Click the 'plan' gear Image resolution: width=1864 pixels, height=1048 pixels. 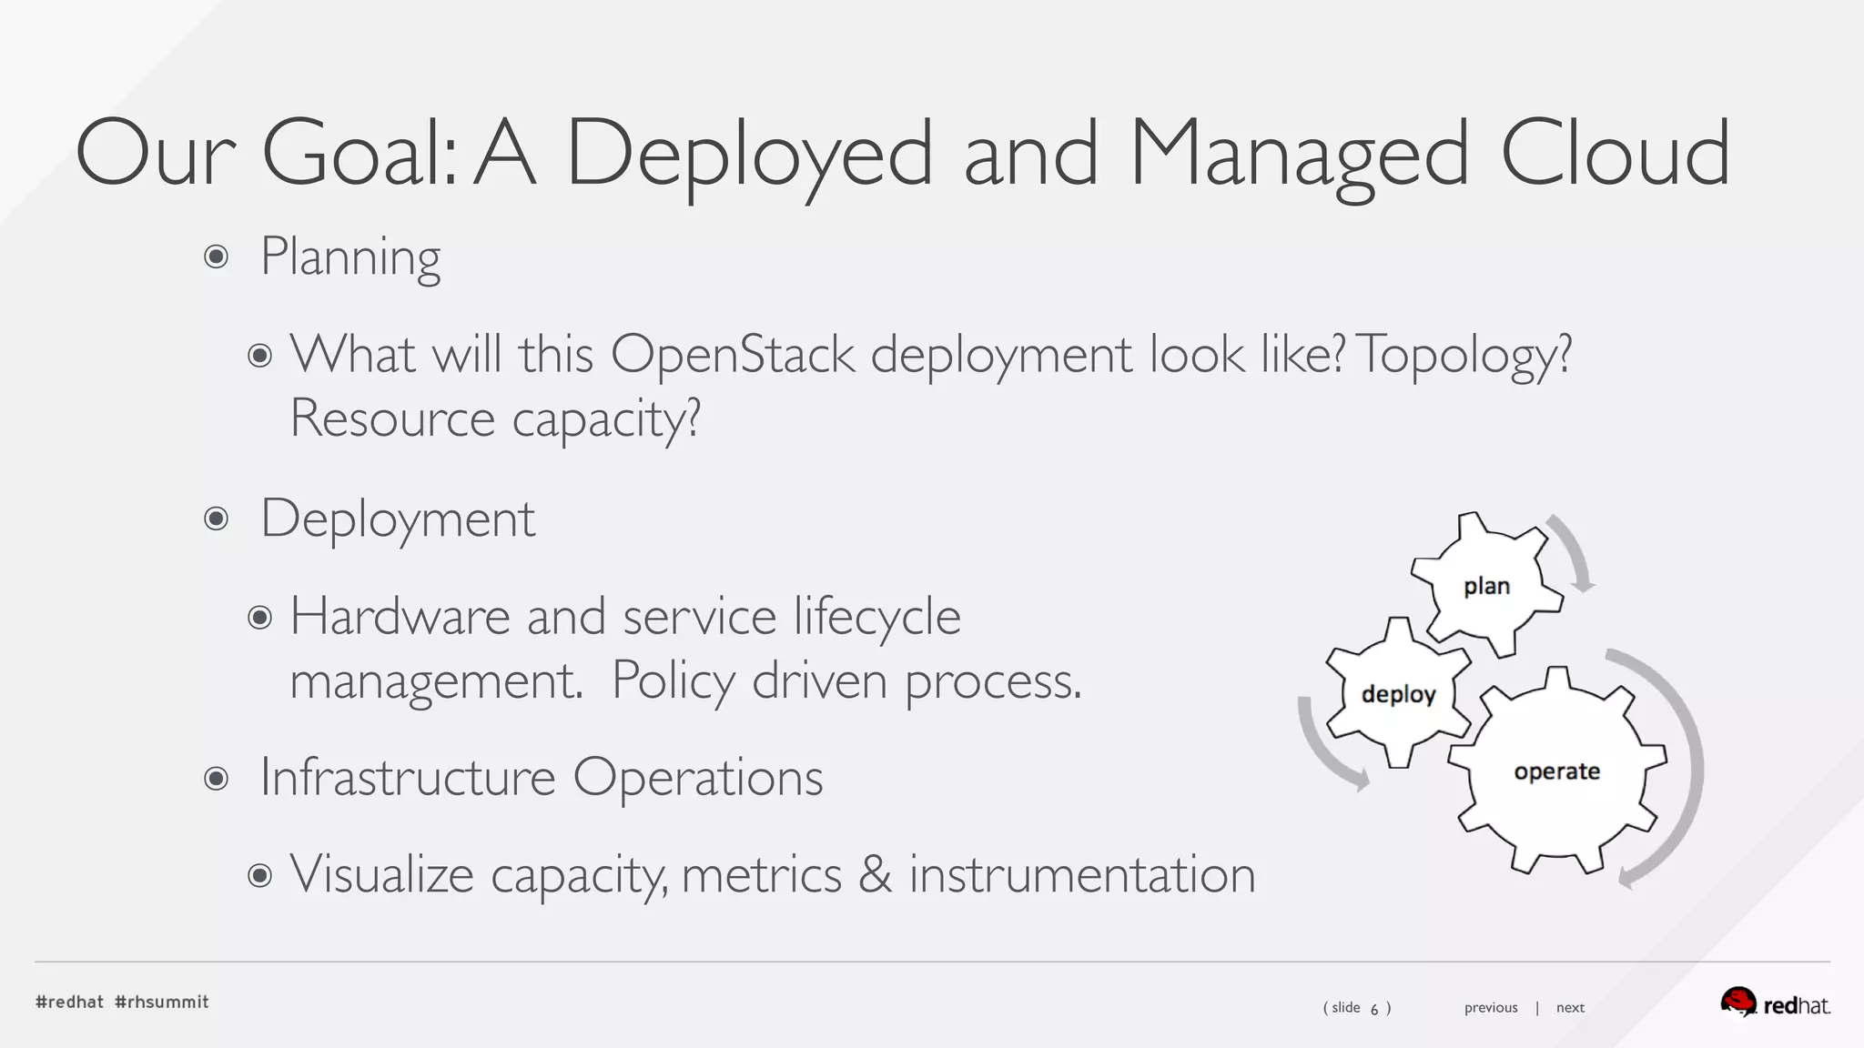click(x=1486, y=585)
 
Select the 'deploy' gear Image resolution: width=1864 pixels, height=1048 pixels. click(x=1398, y=693)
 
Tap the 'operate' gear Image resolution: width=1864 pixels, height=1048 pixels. click(x=1556, y=771)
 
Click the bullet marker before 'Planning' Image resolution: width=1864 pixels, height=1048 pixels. click(x=216, y=257)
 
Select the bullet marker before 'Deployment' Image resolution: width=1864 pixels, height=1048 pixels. click(x=216, y=519)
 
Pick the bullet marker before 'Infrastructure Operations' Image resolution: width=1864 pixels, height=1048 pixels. click(x=216, y=778)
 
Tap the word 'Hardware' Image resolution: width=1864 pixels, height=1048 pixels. click(x=400, y=616)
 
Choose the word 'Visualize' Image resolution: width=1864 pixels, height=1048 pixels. click(x=381, y=874)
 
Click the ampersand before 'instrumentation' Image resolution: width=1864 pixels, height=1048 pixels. click(x=875, y=874)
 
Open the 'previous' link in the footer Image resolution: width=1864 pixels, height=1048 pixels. click(x=1491, y=1007)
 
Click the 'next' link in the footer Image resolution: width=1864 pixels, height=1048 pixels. click(x=1570, y=1007)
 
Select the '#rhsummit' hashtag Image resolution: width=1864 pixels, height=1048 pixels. click(x=162, y=1002)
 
